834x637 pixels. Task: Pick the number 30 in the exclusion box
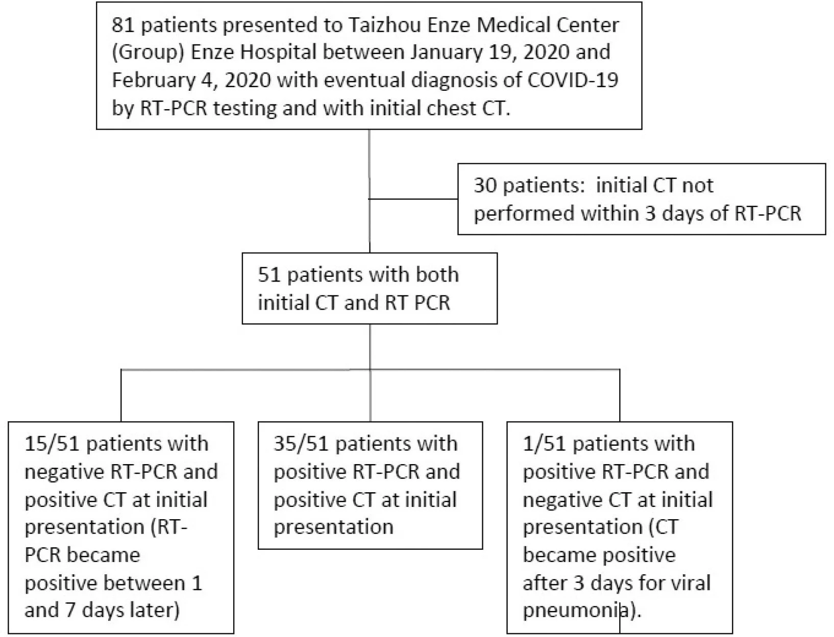(485, 185)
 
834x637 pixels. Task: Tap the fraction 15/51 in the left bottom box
(52, 444)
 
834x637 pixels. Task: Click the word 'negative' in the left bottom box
(64, 472)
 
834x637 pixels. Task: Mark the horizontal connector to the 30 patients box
(413, 198)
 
